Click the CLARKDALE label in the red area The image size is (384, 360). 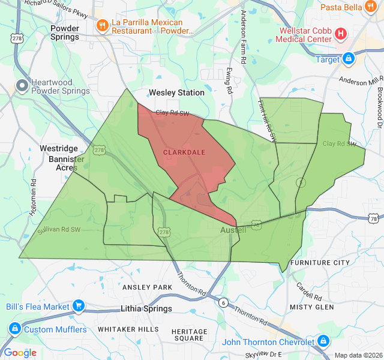point(184,152)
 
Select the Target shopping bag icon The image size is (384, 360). point(348,59)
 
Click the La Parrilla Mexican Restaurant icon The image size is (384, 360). point(103,26)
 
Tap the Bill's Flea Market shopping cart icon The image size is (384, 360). point(78,307)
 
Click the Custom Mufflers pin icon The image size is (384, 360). point(14,329)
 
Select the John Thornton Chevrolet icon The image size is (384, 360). point(324,342)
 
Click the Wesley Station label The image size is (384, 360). point(176,93)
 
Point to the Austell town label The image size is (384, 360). point(229,230)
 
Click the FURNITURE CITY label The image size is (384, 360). point(319,263)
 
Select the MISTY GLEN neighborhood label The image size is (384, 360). point(311,307)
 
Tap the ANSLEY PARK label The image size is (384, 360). point(147,287)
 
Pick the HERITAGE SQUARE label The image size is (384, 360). point(189,335)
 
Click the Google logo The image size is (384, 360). point(20,353)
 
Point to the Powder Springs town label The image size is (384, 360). point(64,32)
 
